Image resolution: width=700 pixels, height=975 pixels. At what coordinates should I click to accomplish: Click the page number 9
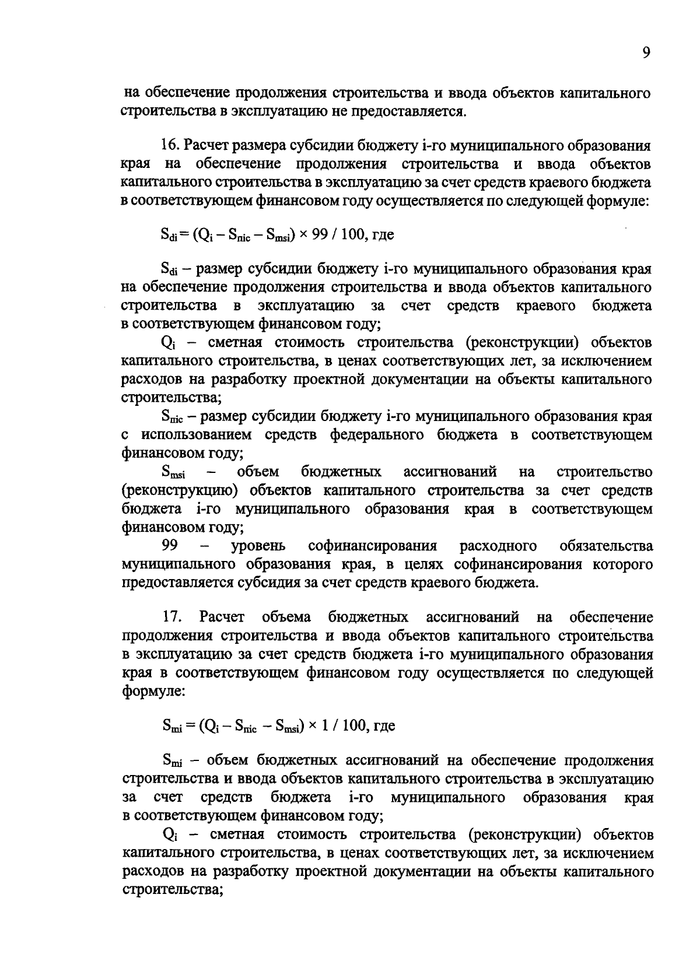coord(646,53)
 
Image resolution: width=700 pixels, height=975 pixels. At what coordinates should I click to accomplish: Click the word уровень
coord(258,546)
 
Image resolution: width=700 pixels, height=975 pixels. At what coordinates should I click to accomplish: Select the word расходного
coord(498,546)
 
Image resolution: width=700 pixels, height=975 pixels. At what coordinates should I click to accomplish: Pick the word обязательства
coord(606,546)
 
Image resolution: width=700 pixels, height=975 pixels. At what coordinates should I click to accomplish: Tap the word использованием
coord(197,435)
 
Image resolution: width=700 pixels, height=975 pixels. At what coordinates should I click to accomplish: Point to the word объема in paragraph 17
coord(286,617)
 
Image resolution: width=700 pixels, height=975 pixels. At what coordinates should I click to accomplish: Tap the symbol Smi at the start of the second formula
coord(172,726)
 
